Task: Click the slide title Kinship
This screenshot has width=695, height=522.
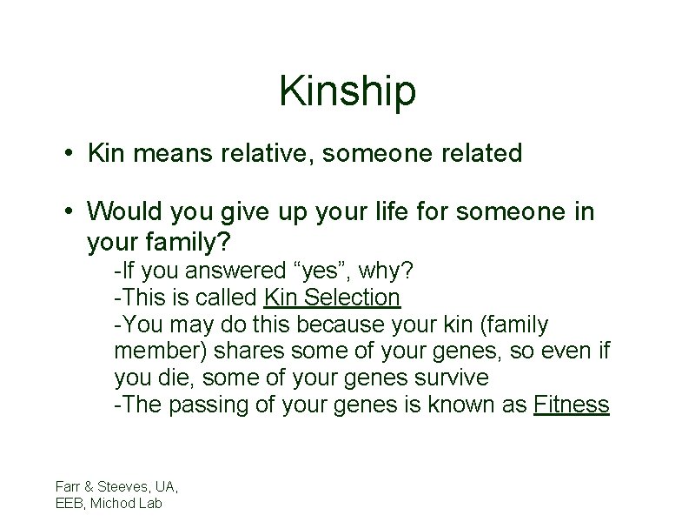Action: [347, 92]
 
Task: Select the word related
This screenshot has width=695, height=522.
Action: [478, 154]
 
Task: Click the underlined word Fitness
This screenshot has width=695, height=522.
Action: [573, 405]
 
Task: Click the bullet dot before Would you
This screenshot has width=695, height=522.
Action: [67, 212]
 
